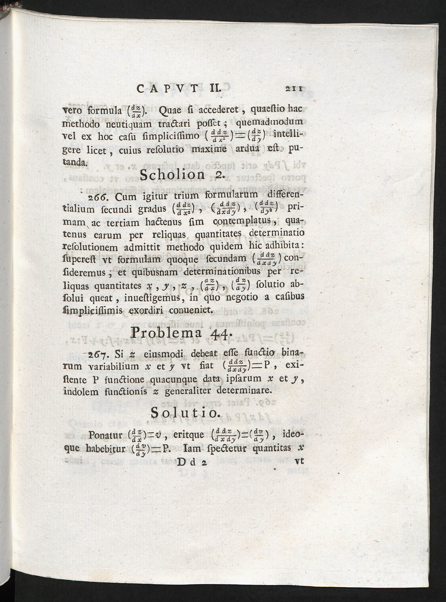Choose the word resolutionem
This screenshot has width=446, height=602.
pyautogui.click(x=90, y=247)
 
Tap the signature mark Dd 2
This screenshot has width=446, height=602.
pyautogui.click(x=192, y=462)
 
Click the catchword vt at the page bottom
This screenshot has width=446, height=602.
pyautogui.click(x=299, y=461)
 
